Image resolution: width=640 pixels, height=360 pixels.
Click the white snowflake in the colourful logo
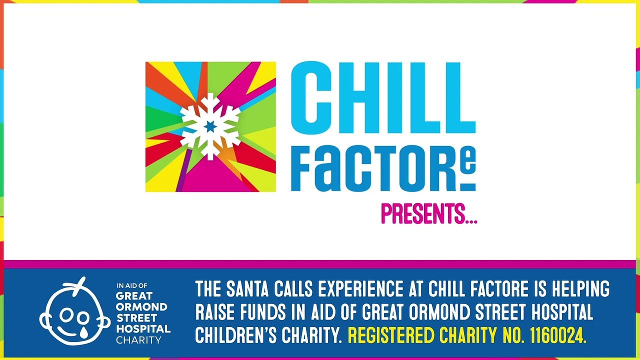210,126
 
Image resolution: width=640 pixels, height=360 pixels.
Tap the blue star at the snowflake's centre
210,126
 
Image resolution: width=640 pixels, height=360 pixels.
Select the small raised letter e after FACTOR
469,159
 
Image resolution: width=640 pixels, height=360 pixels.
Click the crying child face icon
75,311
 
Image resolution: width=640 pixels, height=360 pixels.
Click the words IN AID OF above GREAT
132,285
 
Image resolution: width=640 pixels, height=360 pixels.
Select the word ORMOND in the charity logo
141,307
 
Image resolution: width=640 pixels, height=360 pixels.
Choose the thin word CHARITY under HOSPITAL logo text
138,340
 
